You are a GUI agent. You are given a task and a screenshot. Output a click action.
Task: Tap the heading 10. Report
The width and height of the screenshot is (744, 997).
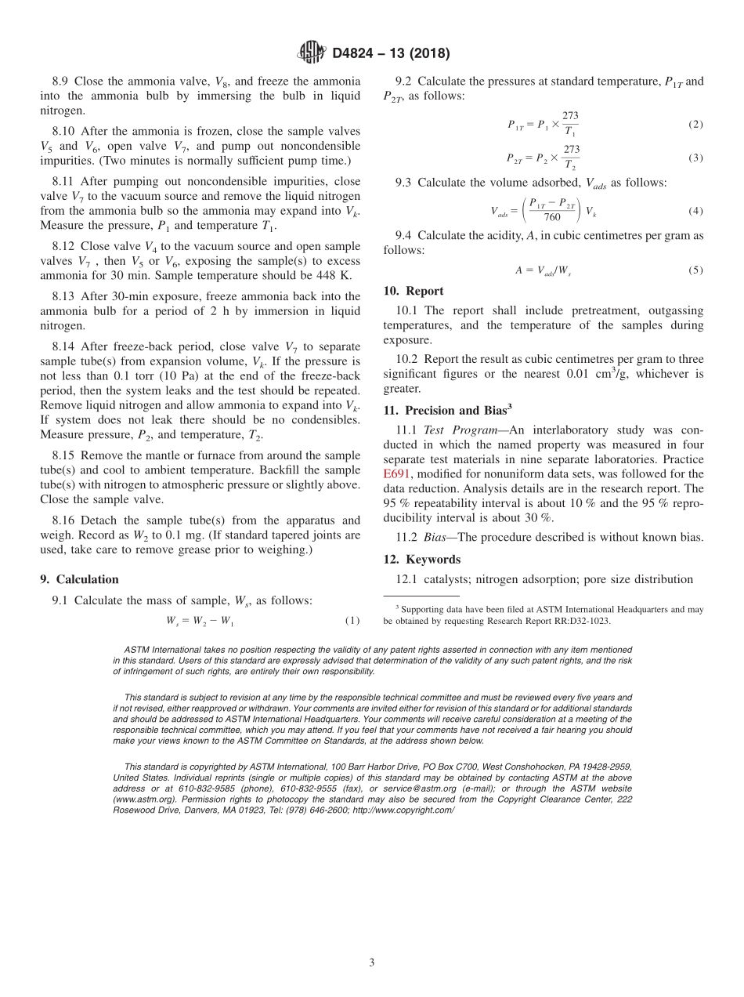414,291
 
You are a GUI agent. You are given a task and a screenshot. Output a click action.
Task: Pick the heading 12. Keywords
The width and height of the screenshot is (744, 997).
422,560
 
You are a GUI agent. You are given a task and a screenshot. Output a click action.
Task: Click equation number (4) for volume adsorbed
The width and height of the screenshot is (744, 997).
695,211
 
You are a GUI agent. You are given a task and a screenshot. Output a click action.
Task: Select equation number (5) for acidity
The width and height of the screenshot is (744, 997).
695,270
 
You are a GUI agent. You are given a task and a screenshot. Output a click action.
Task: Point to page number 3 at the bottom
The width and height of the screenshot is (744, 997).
371,963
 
